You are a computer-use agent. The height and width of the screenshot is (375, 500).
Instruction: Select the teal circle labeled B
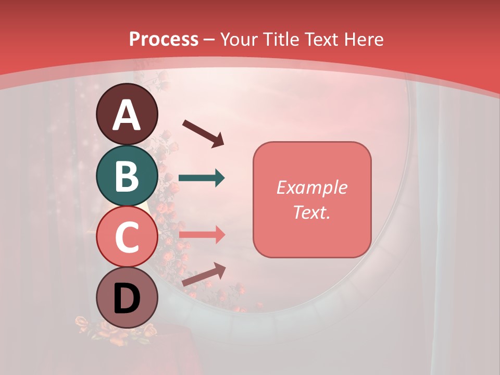coord(127,176)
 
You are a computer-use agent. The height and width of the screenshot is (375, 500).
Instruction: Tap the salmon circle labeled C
coord(127,237)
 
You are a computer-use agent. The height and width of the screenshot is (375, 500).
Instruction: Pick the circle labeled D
coord(127,298)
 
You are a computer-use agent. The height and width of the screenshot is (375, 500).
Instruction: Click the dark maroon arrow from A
coord(203,133)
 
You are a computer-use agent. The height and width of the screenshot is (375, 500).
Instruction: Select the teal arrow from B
coord(202,178)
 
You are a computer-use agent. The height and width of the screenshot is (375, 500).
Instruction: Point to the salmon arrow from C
coord(202,234)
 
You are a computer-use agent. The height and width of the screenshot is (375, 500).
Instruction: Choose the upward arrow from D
coord(204,274)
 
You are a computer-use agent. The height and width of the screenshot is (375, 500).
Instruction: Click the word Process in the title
coord(164,39)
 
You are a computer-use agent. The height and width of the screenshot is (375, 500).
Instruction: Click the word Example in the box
coord(312,187)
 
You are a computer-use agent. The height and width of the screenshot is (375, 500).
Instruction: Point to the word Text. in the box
coord(312,212)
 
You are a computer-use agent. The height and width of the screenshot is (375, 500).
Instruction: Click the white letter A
coord(127,115)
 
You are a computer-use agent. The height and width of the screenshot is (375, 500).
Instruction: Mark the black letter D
coord(127,299)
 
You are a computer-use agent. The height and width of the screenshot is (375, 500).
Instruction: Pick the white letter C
coord(127,238)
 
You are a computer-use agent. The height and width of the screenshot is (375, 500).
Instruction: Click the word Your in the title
coord(239,39)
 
